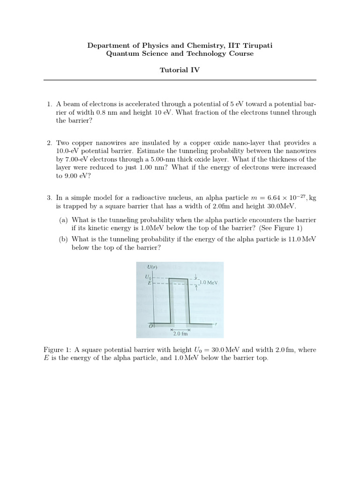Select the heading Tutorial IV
(180, 70)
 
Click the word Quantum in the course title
(121, 53)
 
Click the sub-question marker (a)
(63, 220)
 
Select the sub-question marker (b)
(63, 239)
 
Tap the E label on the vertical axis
(149, 284)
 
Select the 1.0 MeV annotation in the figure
(209, 283)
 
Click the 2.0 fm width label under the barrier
(180, 334)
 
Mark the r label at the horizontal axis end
(217, 324)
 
